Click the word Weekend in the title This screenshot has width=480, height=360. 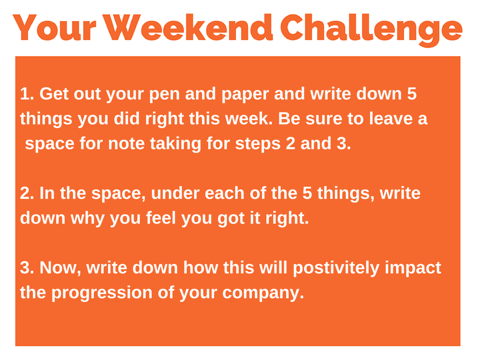(189, 28)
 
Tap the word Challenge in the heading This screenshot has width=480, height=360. (371, 30)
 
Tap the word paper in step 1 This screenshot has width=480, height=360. (245, 95)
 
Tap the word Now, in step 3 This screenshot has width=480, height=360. (60, 268)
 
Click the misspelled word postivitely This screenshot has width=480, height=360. (336, 269)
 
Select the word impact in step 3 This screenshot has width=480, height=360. (413, 269)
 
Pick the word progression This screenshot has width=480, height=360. (102, 293)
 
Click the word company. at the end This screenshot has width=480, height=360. (263, 293)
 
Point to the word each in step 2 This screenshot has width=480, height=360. (225, 193)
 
